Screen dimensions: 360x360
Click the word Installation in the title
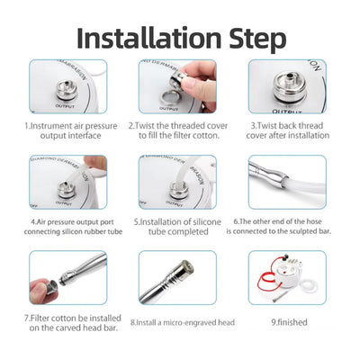pyautogui.click(x=147, y=38)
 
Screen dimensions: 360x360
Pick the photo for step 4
pyautogui.click(x=67, y=183)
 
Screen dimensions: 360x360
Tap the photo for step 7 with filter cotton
pyautogui.click(x=67, y=277)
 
